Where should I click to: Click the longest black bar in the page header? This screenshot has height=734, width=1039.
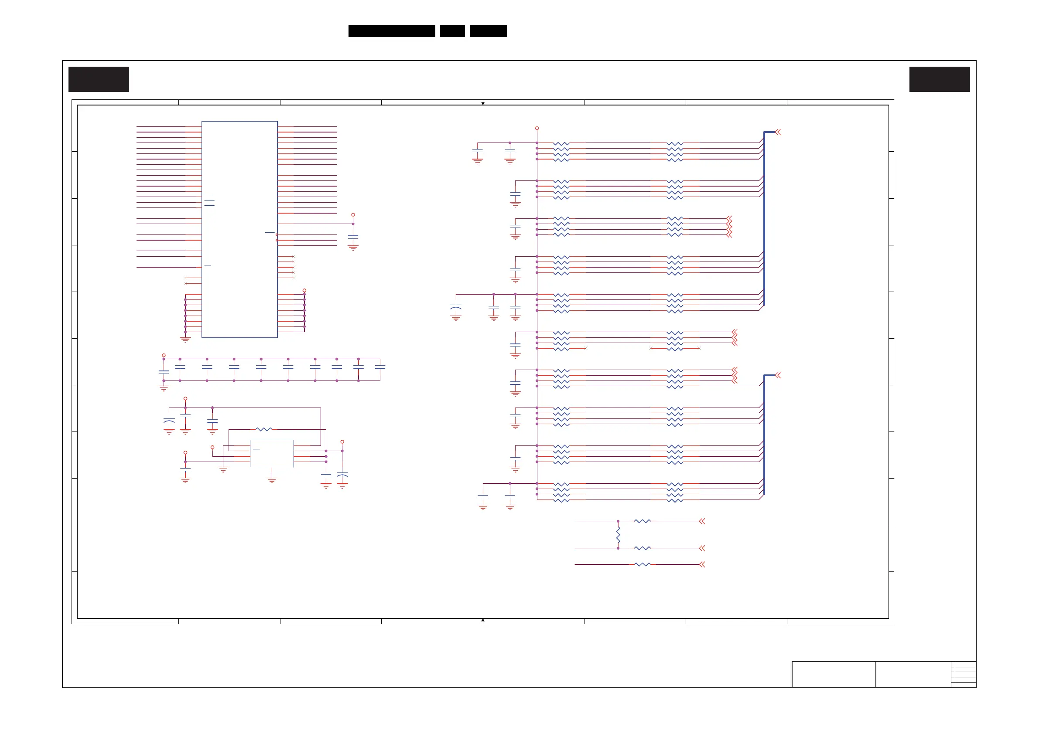391,31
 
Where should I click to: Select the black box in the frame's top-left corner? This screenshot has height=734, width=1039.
99,79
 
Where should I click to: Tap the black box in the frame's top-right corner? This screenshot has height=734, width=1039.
940,79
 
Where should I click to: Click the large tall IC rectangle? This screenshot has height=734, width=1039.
239,229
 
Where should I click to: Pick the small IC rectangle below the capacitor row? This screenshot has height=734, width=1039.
271,453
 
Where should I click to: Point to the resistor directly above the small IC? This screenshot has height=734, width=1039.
264,429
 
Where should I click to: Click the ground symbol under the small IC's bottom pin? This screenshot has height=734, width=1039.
271,480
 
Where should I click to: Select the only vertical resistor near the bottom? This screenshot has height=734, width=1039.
618,535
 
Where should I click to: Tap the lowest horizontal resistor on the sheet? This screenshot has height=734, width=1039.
642,564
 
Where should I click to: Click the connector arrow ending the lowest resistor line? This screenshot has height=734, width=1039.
702,564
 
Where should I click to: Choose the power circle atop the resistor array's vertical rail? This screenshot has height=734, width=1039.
537,129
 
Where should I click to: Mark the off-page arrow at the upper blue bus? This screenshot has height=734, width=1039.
778,132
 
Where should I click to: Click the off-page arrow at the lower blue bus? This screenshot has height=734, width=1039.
778,375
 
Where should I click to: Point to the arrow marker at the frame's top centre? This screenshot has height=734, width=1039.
483,103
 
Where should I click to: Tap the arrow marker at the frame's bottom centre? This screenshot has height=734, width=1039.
483,621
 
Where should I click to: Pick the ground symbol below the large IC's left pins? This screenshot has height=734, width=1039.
185,339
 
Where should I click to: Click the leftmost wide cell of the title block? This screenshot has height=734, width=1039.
834,674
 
